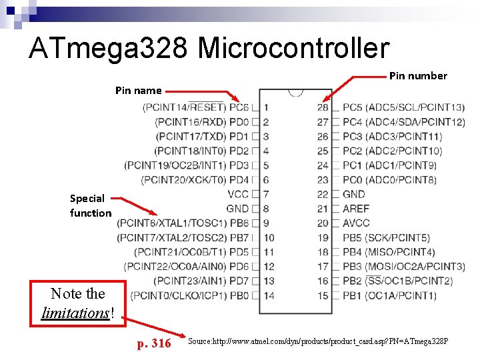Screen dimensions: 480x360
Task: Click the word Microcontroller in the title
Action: point(293,49)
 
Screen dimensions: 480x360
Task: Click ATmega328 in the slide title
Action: point(110,49)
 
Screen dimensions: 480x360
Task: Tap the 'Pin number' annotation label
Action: point(418,76)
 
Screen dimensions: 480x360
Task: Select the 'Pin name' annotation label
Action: point(138,90)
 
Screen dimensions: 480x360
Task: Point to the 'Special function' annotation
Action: point(91,205)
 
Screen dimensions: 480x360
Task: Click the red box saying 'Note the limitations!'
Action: point(78,303)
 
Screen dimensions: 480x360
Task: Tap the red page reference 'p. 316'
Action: point(154,344)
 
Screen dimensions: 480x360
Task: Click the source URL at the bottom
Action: point(318,341)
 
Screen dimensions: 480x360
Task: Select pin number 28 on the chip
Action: point(323,107)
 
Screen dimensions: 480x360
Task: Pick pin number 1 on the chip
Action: point(266,107)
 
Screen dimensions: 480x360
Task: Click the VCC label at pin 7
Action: point(238,194)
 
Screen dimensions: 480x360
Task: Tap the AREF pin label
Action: point(355,209)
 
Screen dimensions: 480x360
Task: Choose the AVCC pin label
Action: point(355,223)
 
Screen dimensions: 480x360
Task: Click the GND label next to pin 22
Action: point(353,194)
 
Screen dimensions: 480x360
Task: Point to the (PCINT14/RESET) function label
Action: point(184,107)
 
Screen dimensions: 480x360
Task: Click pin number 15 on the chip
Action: point(323,295)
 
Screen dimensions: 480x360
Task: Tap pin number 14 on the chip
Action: point(269,295)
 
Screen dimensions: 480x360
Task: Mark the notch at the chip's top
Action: point(295,92)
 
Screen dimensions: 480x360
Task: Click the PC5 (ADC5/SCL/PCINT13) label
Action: point(403,107)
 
